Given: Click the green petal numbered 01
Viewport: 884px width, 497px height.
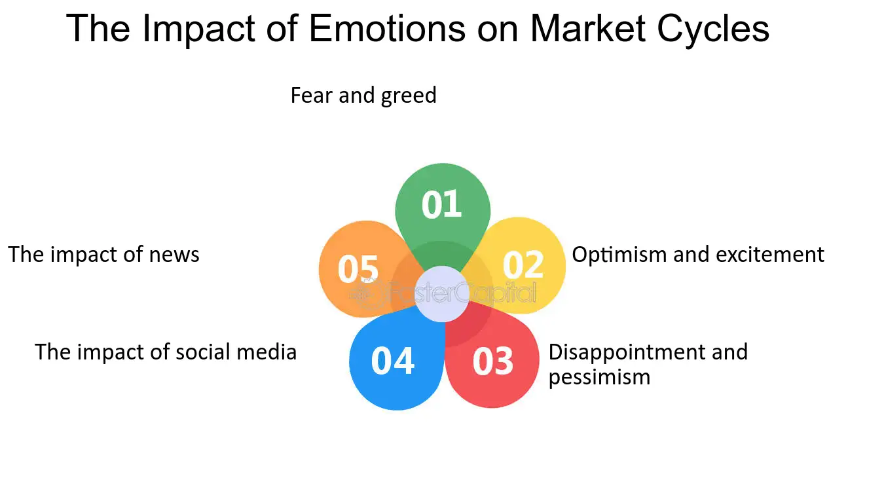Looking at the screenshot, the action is [x=443, y=210].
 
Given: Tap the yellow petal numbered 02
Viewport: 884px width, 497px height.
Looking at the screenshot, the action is [x=521, y=265].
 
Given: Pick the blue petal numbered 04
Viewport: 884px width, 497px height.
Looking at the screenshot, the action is [x=395, y=361].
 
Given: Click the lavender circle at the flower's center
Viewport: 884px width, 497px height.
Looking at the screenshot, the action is [x=442, y=294].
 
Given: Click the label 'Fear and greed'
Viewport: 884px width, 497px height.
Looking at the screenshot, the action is [x=363, y=96].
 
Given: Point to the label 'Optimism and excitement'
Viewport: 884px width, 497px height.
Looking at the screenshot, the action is [x=698, y=255].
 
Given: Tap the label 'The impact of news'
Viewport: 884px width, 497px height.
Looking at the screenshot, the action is [x=104, y=255].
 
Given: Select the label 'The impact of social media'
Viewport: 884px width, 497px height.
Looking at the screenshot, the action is [x=166, y=352].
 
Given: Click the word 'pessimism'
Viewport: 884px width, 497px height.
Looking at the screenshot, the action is [x=599, y=378].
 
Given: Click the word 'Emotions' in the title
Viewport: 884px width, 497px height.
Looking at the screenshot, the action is [x=387, y=28].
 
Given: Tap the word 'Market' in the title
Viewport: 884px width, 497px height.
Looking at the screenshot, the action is [x=588, y=28].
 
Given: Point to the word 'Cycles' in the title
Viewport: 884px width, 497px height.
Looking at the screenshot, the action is [x=713, y=30].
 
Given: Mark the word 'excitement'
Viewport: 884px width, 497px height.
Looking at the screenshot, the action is [x=770, y=255].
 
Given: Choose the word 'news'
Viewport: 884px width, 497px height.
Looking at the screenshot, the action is [x=174, y=256].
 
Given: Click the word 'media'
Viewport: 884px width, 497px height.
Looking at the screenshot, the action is [x=267, y=352].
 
